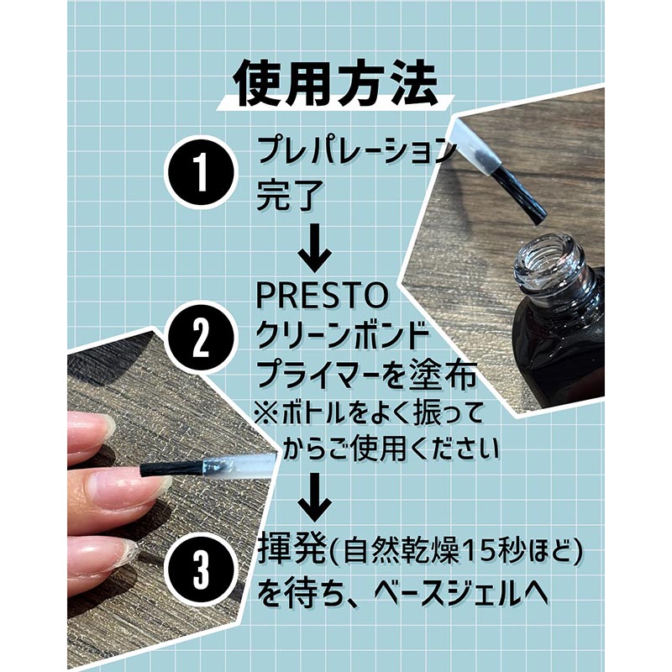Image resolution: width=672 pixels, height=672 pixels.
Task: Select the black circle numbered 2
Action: pyautogui.click(x=201, y=338)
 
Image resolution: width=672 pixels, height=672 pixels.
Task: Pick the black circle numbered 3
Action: pyautogui.click(x=201, y=569)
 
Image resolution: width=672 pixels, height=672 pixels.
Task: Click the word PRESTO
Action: pyautogui.click(x=322, y=296)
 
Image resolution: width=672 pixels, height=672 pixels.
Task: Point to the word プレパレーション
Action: pyautogui.click(x=354, y=150)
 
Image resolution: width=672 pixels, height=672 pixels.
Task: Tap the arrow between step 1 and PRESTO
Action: pyautogui.click(x=315, y=247)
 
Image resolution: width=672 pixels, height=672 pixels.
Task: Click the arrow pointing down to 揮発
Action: pyautogui.click(x=315, y=496)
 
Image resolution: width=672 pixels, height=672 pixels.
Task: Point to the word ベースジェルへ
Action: pyautogui.click(x=461, y=593)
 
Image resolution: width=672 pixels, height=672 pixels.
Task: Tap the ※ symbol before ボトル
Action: pyautogui.click(x=265, y=412)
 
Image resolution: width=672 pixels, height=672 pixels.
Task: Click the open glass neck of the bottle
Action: pyautogui.click(x=550, y=261)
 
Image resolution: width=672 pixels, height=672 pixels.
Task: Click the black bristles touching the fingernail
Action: pyautogui.click(x=171, y=469)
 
